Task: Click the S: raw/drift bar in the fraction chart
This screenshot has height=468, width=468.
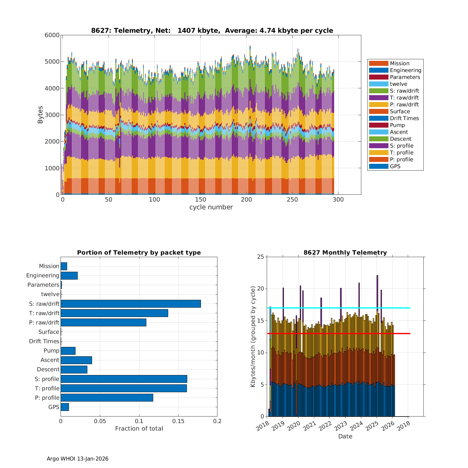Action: click(131, 304)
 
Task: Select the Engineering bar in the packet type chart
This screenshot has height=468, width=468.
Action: click(69, 275)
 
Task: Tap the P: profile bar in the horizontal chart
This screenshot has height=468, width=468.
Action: click(107, 397)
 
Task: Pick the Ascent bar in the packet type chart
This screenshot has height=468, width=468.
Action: click(76, 360)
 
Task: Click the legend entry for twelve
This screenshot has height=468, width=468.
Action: click(398, 84)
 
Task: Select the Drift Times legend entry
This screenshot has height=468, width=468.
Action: click(404, 118)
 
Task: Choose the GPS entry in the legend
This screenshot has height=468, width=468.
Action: click(395, 166)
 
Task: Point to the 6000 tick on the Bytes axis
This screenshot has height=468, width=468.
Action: click(52, 35)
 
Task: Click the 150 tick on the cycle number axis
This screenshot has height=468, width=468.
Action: click(200, 200)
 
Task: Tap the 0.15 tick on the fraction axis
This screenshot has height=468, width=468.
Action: click(178, 421)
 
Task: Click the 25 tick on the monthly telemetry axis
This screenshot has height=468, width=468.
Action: click(260, 257)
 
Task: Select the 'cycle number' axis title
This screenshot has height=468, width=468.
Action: click(211, 207)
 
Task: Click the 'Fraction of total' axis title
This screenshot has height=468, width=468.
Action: click(139, 429)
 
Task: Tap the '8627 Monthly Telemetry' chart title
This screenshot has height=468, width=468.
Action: click(345, 252)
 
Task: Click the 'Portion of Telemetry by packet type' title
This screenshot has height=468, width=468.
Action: click(139, 252)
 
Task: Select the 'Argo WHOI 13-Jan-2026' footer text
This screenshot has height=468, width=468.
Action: click(77, 459)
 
